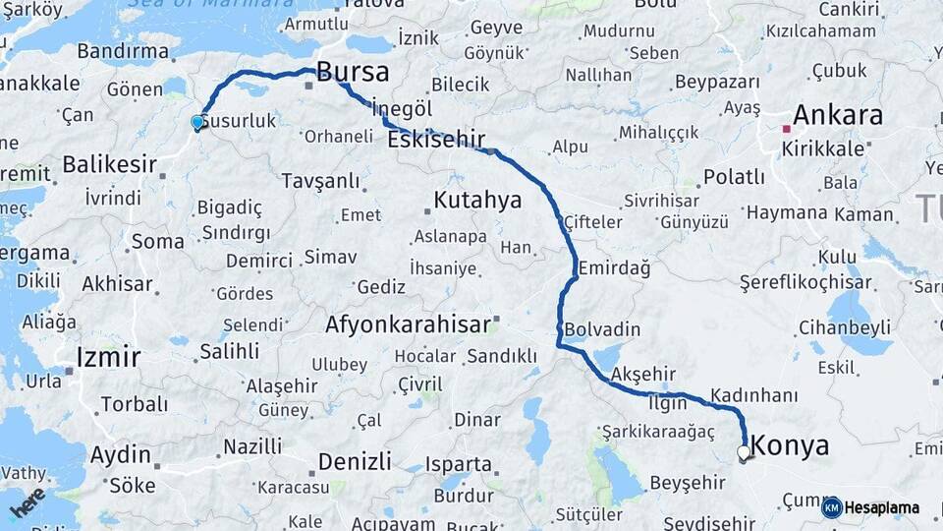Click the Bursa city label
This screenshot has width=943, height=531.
[x=352, y=72]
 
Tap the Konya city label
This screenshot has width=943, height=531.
[x=791, y=446]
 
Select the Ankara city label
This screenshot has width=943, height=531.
[x=837, y=115]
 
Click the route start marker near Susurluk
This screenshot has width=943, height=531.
[x=197, y=123]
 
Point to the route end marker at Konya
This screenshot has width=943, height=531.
[x=744, y=453]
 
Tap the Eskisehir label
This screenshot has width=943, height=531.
[x=436, y=141]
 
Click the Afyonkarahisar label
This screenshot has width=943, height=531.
[x=409, y=324]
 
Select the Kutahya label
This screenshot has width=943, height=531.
[x=477, y=201]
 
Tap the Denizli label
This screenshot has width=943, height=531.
[x=355, y=460]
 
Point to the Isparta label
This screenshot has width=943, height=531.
[x=458, y=463]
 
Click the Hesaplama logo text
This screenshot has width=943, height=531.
[x=881, y=508]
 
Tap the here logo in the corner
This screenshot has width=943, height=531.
[x=28, y=501]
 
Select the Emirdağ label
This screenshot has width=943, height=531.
[x=615, y=267]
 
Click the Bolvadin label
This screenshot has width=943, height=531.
[x=602, y=328]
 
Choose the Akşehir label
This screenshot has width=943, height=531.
[x=644, y=374]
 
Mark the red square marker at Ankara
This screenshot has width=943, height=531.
[x=785, y=128]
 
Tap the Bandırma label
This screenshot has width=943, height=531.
[x=123, y=50]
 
